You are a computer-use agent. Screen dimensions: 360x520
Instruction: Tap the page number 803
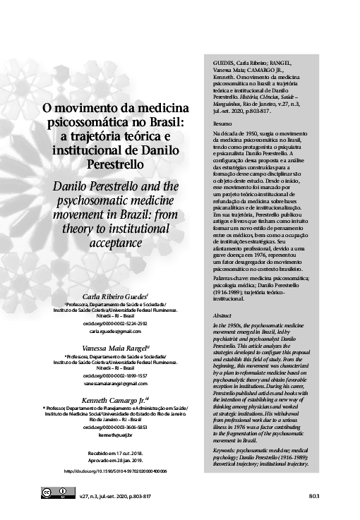[x=314, y=496]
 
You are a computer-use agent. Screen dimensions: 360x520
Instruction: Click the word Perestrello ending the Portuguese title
[x=116, y=164]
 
